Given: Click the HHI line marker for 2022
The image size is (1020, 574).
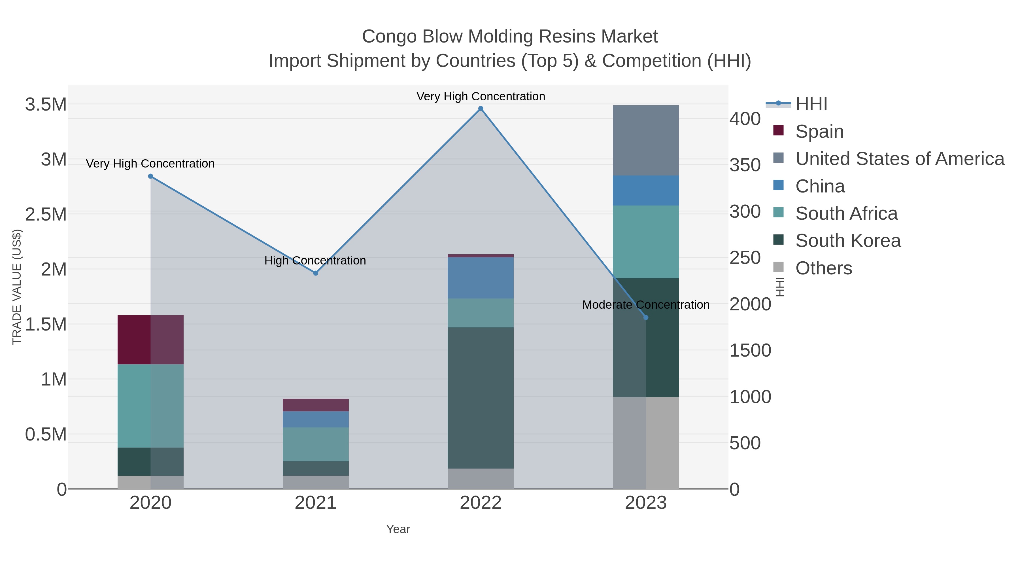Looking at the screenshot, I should tap(481, 109).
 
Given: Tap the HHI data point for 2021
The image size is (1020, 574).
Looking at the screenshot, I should tap(316, 273).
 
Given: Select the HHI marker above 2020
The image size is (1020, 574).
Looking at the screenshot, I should tap(150, 176).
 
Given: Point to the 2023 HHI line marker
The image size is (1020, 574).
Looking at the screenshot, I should tap(646, 317).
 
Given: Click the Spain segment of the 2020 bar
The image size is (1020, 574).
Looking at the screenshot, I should tap(150, 340).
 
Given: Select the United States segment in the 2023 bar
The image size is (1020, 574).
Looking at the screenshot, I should tap(646, 140).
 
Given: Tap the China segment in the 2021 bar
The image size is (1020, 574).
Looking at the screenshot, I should tap(316, 419).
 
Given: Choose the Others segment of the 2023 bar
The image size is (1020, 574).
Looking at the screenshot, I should tap(646, 443).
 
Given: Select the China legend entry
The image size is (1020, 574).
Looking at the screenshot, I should tap(820, 186).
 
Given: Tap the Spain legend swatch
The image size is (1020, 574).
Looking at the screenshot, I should tap(778, 130).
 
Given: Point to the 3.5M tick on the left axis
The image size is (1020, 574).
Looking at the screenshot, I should tap(46, 105).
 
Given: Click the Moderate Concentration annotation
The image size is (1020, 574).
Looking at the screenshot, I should tap(645, 305).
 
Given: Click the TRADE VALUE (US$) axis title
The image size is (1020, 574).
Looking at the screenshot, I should tap(17, 287).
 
